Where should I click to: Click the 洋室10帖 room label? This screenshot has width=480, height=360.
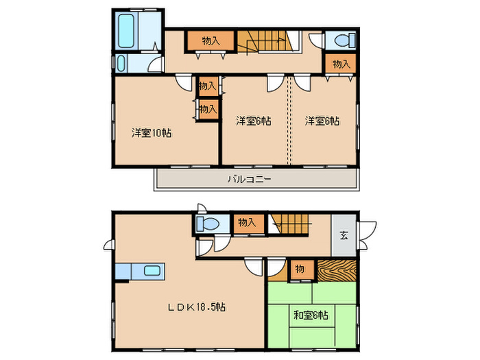coord(152,132)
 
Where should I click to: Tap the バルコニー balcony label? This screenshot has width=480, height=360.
coord(250,180)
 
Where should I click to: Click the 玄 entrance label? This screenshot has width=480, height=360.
coord(344,236)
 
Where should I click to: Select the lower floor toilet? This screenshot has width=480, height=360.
coord(207,224)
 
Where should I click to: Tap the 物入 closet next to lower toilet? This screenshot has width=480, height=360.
coord(246,222)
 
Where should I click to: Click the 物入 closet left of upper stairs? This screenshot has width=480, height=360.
coord(211,41)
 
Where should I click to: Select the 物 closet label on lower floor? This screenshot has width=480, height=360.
coord(300,268)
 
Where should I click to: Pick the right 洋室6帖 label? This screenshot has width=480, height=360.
coord(322,121)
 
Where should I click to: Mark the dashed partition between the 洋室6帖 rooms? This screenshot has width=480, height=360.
coord(289,120)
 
